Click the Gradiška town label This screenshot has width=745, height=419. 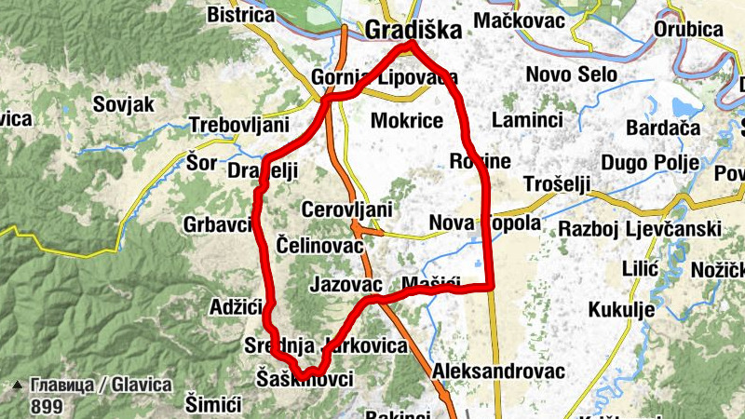[x=413, y=30]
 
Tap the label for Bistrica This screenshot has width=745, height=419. [x=240, y=15]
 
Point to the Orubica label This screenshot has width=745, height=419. [x=688, y=30]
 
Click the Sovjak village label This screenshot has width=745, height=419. [x=123, y=104]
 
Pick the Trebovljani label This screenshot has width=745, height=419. [x=238, y=125]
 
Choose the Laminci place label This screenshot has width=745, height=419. [x=528, y=120]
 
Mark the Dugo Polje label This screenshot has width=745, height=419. [x=650, y=163]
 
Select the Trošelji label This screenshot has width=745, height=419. [x=558, y=183]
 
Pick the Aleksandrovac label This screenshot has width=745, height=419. [x=499, y=371]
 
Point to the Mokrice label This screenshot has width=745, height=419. [x=406, y=120]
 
